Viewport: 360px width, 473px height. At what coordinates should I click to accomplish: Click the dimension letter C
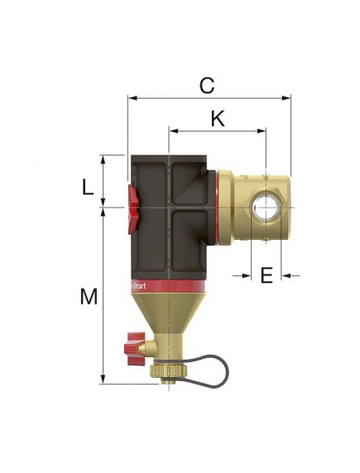click(x=208, y=84)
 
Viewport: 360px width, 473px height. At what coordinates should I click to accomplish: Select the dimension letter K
click(x=217, y=118)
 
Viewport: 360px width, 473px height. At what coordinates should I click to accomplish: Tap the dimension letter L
click(x=89, y=187)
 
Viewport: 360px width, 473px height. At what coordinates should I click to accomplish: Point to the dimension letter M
click(x=89, y=297)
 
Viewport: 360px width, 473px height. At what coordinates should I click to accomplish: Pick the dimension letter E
click(x=266, y=275)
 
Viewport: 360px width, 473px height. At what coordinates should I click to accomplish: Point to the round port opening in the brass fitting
click(x=265, y=206)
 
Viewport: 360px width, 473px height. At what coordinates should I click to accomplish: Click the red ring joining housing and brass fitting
click(x=222, y=207)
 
